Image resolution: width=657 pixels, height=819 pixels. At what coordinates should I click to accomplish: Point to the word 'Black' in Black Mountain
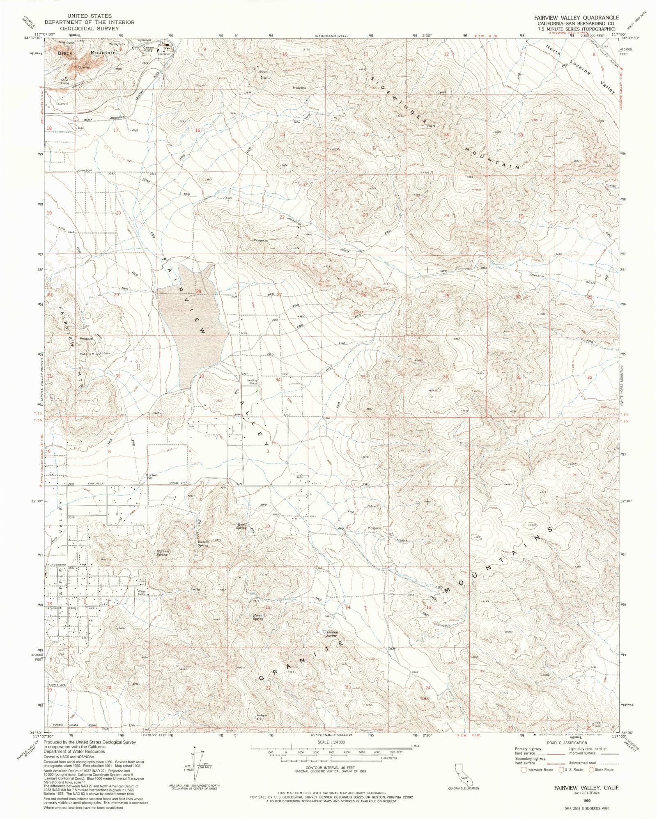(64, 53)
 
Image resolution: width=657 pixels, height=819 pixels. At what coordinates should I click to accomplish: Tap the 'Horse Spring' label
(258, 617)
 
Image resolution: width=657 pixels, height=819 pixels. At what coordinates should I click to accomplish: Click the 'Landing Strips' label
(252, 381)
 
